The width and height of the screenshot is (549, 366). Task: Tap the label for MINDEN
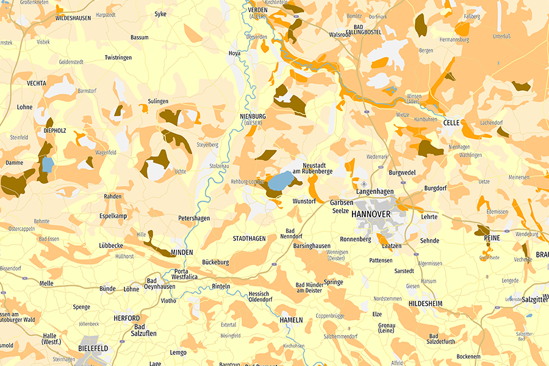pyautogui.click(x=182, y=252)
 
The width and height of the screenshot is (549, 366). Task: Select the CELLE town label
pyautogui.click(x=451, y=123)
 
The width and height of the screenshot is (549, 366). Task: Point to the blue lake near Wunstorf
pyautogui.click(x=280, y=181)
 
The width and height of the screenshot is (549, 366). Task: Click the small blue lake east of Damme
pyautogui.click(x=48, y=164)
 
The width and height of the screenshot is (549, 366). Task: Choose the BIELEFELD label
pyautogui.click(x=93, y=348)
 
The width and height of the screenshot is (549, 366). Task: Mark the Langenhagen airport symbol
pyautogui.click(x=365, y=184)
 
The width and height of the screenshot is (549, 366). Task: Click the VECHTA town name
pyautogui.click(x=37, y=83)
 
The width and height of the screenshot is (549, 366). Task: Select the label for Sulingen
pyautogui.click(x=157, y=101)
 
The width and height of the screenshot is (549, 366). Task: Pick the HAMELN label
pyautogui.click(x=291, y=320)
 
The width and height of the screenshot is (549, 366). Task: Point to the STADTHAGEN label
pyautogui.click(x=249, y=239)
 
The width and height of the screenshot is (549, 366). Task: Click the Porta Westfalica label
pyautogui.click(x=184, y=274)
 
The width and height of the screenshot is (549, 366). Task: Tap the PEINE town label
pyautogui.click(x=492, y=237)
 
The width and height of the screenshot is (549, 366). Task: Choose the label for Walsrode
pyautogui.click(x=340, y=35)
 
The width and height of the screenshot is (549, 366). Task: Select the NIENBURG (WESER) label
pyautogui.click(x=253, y=119)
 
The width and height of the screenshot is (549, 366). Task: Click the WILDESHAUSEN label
pyautogui.click(x=73, y=18)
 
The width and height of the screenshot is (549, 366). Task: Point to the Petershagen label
pyautogui.click(x=194, y=218)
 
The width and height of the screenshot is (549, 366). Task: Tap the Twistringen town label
pyautogui.click(x=118, y=57)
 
